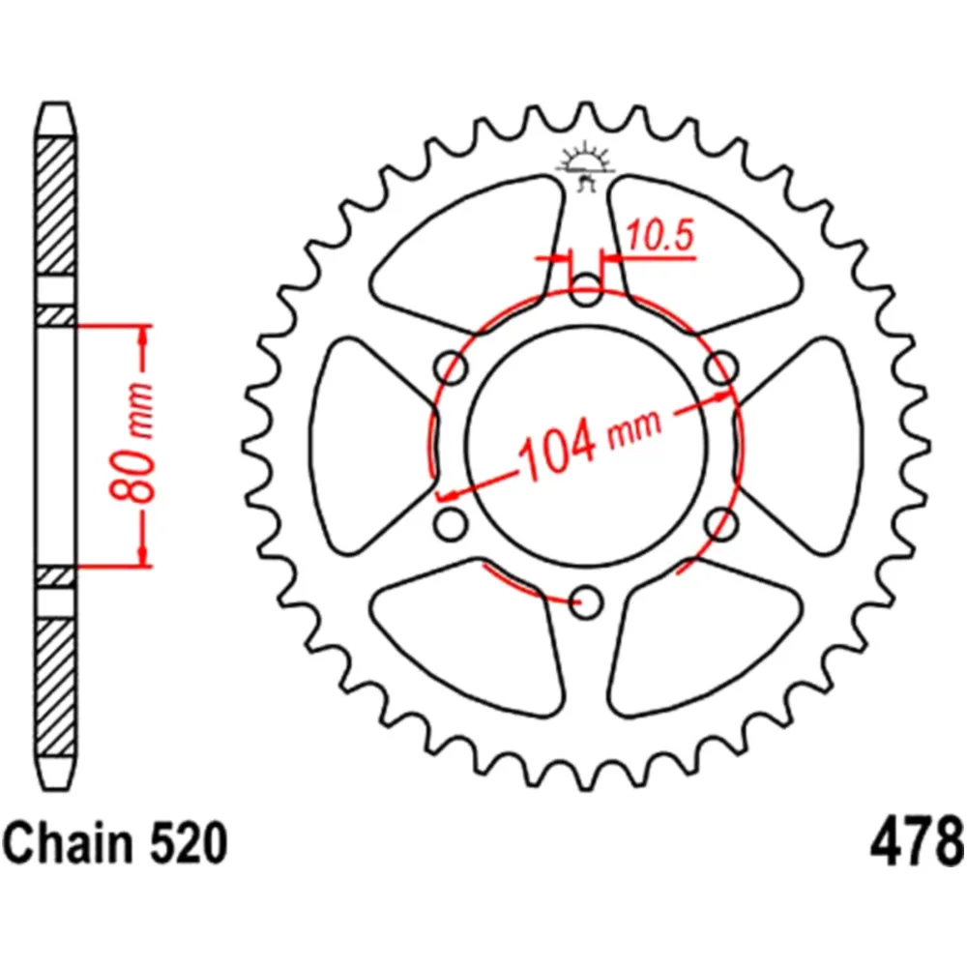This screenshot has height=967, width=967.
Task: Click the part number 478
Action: pyautogui.click(x=918, y=842)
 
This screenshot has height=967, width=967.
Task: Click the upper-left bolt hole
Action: pyautogui.click(x=449, y=366)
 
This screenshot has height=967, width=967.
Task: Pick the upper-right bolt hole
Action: pyautogui.click(x=719, y=366)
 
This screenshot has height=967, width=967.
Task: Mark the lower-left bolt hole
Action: pyautogui.click(x=449, y=524)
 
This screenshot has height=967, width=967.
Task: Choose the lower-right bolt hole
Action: pyautogui.click(x=719, y=524)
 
